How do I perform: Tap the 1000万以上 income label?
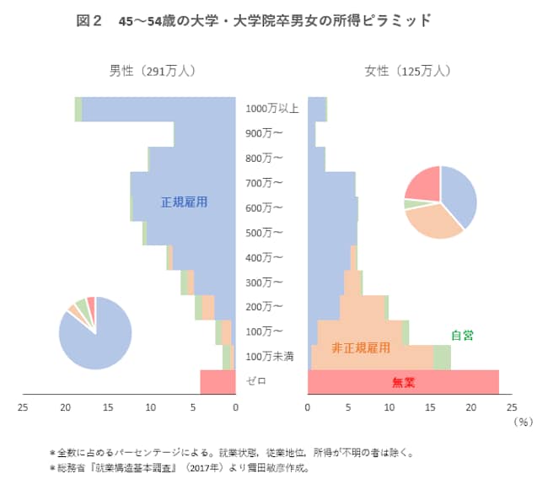272,109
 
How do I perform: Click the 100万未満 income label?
270,357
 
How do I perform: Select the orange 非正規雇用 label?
361,347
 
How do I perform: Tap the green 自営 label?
462,335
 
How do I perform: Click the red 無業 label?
404,382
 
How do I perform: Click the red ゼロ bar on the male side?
218,381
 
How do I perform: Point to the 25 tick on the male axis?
23,408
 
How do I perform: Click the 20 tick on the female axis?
471,408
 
